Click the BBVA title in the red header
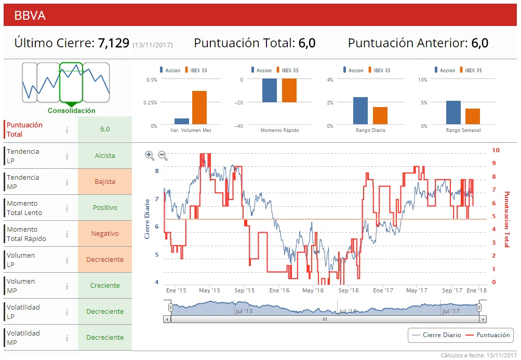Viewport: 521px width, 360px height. point(30,16)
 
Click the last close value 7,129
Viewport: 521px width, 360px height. point(113,43)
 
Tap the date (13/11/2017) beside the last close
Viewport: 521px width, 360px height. point(153,45)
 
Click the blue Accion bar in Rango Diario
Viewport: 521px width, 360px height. point(360,111)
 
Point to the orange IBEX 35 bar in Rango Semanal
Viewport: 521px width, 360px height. point(472,116)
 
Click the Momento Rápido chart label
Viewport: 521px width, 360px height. point(279,130)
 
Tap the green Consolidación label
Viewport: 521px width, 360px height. point(72,111)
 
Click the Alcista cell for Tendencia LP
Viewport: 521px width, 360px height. point(105,156)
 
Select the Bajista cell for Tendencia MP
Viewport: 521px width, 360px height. point(105,182)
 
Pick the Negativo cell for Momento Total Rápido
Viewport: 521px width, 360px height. point(105,234)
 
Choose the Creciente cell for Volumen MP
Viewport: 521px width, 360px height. point(105,286)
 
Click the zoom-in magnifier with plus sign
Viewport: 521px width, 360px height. point(150,155)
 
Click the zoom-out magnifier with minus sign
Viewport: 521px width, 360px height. point(163,155)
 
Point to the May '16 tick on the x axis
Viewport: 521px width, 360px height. point(313,291)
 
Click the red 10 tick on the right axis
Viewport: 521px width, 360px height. point(496,150)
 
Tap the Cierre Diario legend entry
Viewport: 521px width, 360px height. point(436,335)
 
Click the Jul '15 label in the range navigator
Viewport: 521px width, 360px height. point(244,311)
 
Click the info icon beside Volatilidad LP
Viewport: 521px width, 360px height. point(67,312)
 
